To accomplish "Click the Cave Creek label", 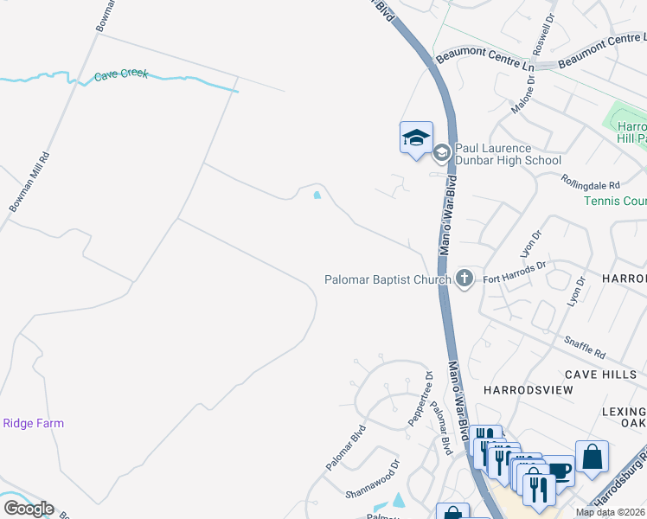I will tap(121, 75).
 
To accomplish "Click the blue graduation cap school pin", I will tap(416, 137).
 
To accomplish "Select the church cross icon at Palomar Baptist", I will tap(464, 278).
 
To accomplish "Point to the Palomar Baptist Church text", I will tap(388, 279).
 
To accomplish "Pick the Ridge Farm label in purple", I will tap(34, 423).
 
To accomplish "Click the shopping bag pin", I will tap(592, 456).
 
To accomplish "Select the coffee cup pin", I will tap(560, 471).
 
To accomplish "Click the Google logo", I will tap(29, 509).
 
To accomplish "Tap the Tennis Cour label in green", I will tap(614, 202).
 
